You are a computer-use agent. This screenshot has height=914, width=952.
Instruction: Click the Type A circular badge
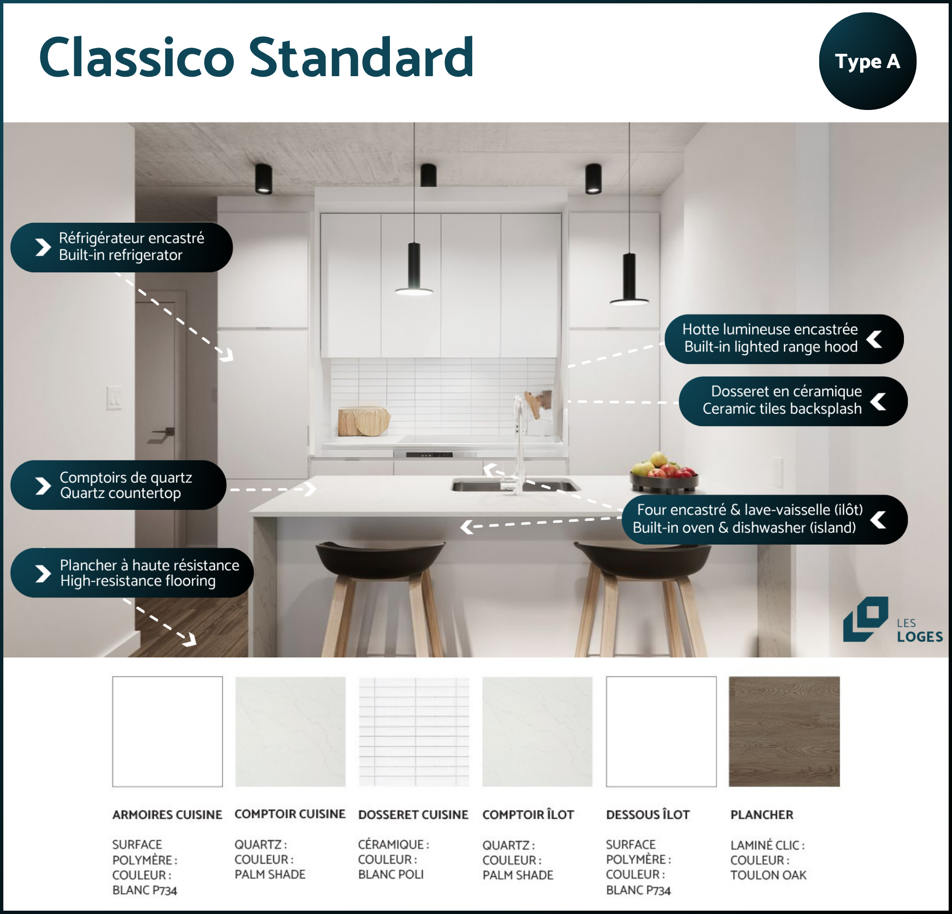pyautogui.click(x=867, y=61)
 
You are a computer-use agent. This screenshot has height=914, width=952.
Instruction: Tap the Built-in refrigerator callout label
pyautogui.click(x=121, y=247)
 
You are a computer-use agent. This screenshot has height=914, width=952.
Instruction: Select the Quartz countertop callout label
pyautogui.click(x=118, y=485)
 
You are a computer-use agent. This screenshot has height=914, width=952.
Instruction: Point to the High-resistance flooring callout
pyautogui.click(x=132, y=573)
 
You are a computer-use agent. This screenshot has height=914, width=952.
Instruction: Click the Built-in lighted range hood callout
pyautogui.click(x=784, y=339)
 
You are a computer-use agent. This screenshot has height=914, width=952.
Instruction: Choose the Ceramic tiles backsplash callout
pyautogui.click(x=793, y=401)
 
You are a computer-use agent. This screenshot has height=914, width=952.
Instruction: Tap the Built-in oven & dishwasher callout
pyautogui.click(x=764, y=519)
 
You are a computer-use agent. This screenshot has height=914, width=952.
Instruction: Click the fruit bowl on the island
pyautogui.click(x=664, y=473)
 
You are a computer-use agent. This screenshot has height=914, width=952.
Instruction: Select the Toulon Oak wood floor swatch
pyautogui.click(x=784, y=731)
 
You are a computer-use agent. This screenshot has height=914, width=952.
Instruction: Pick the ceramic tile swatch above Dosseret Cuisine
pyautogui.click(x=414, y=731)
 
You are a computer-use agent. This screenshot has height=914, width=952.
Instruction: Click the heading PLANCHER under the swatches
pyautogui.click(x=762, y=815)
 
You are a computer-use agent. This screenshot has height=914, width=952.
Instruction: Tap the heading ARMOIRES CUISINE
pyautogui.click(x=167, y=815)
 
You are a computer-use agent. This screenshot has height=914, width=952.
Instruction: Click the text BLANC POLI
pyautogui.click(x=391, y=874)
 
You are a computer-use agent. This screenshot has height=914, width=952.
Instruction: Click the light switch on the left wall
pyautogui.click(x=115, y=398)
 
